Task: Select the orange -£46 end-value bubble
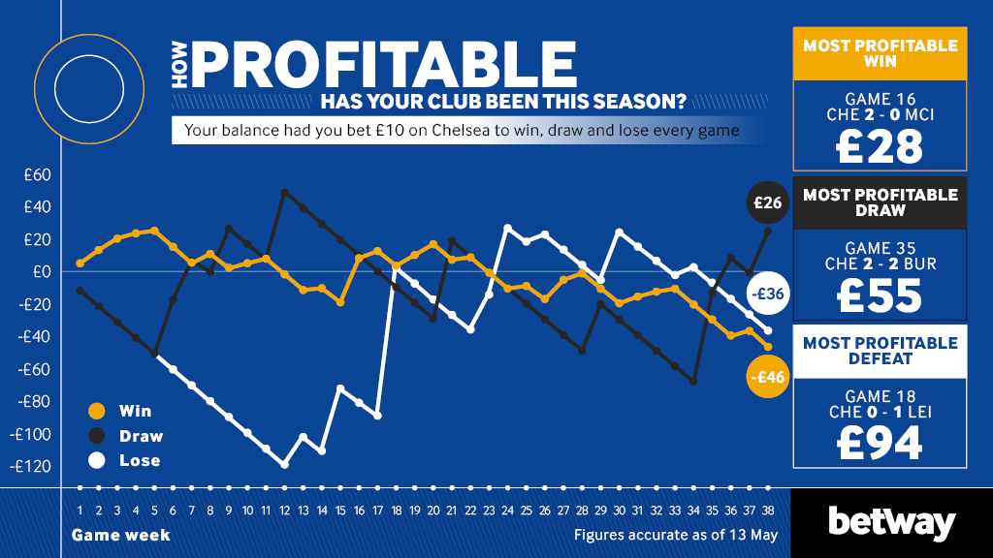766,378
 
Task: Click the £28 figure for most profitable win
880,146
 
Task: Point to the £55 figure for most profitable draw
880,296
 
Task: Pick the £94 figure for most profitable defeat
880,442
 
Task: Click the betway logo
891,524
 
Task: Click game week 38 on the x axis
768,511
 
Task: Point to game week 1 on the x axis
80,511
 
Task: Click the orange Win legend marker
94,411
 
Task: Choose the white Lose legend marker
94,461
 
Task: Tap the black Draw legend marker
94,436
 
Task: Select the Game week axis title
120,535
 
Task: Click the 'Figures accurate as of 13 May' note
675,535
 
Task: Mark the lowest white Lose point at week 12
284,464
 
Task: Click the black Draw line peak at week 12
284,192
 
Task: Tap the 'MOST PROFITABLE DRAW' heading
880,202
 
